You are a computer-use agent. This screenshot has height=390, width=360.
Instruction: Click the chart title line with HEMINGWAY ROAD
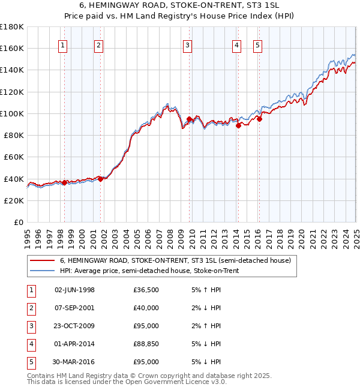point(180,6)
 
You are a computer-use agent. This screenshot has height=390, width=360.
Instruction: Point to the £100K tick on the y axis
point(12,113)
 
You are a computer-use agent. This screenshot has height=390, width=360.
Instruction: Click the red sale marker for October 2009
point(190,119)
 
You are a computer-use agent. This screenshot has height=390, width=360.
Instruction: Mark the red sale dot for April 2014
point(238,125)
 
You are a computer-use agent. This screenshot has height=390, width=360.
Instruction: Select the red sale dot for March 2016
point(260,119)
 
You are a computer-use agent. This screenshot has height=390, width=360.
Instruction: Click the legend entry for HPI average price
point(149,271)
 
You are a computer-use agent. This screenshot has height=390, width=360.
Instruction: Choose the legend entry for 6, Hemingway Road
point(175,260)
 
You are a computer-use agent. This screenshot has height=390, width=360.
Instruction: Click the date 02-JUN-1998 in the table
point(74,290)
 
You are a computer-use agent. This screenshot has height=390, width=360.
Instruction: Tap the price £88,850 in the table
point(146,344)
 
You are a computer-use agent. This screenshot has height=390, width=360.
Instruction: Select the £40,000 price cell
point(146,308)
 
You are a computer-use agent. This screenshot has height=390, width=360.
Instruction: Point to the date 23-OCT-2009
point(74,326)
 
